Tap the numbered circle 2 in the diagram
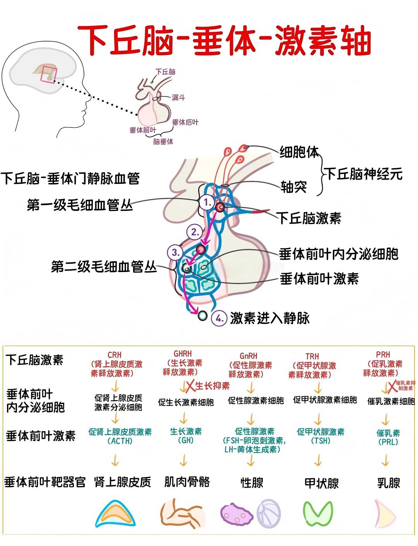click(x=194, y=232)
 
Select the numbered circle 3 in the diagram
click(x=175, y=253)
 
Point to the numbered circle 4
click(x=219, y=318)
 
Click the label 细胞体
click(x=299, y=152)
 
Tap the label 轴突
click(x=294, y=187)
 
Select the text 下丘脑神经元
click(x=363, y=174)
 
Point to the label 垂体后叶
click(x=185, y=122)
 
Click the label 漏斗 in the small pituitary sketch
click(x=178, y=98)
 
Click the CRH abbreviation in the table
click(x=115, y=355)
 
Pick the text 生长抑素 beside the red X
click(x=212, y=386)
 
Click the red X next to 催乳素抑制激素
click(x=392, y=386)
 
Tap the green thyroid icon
click(x=318, y=513)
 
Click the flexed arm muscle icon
click(x=182, y=514)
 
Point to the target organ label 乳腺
click(x=389, y=483)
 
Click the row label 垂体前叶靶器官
click(x=45, y=482)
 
